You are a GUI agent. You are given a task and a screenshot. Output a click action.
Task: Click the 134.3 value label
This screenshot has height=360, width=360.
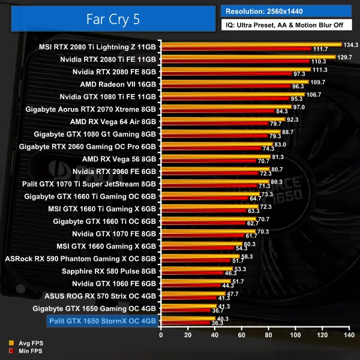tap(350, 45)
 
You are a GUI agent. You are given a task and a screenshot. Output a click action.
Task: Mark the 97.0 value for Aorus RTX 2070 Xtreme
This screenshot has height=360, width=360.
tap(299, 107)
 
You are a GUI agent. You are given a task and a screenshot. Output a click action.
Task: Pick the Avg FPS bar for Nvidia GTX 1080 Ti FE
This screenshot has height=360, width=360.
tap(233, 95)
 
